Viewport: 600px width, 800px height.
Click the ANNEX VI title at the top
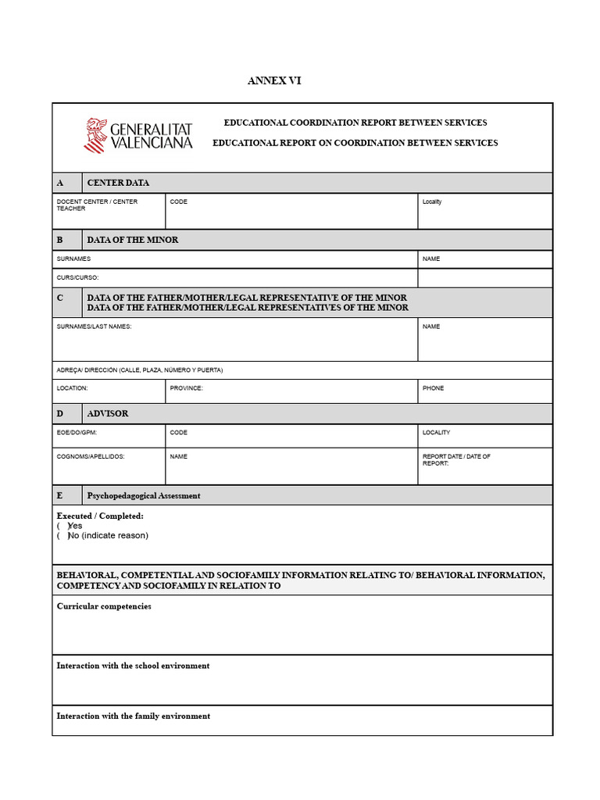tap(274, 80)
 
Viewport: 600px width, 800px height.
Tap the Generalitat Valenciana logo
tap(138, 135)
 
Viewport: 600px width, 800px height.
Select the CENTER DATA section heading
tap(118, 183)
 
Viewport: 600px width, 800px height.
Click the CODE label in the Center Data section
tap(179, 202)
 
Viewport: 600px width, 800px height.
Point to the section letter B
tap(60, 240)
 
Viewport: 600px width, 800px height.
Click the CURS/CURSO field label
tap(78, 277)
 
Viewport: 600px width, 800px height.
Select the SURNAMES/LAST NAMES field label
tap(94, 327)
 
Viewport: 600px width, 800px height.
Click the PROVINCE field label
tap(186, 387)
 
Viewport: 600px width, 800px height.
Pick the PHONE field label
tap(433, 387)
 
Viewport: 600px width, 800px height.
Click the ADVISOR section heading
tap(108, 413)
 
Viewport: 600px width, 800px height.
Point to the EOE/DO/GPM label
tap(77, 432)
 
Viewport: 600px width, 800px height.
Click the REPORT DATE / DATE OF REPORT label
tap(456, 459)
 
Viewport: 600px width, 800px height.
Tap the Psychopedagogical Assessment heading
tap(144, 495)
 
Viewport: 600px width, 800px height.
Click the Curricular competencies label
tap(104, 606)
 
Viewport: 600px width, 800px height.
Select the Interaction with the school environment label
tap(133, 666)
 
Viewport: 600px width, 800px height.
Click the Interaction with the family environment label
tap(133, 716)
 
